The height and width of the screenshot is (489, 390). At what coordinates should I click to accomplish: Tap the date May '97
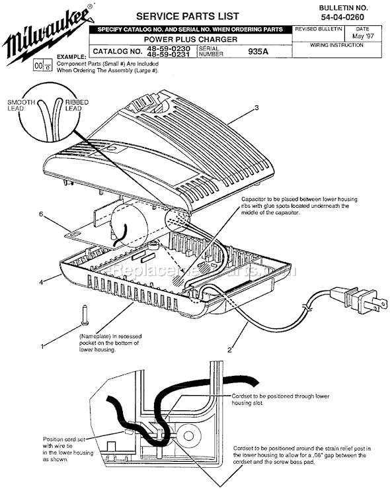click(362, 36)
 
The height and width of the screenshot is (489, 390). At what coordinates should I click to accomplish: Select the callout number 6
click(40, 215)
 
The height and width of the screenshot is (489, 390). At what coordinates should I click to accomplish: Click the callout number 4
click(40, 283)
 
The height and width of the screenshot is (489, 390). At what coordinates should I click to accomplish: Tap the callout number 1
click(42, 345)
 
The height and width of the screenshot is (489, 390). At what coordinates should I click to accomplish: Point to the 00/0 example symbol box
click(42, 66)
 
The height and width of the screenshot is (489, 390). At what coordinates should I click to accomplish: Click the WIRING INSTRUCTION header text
click(336, 45)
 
